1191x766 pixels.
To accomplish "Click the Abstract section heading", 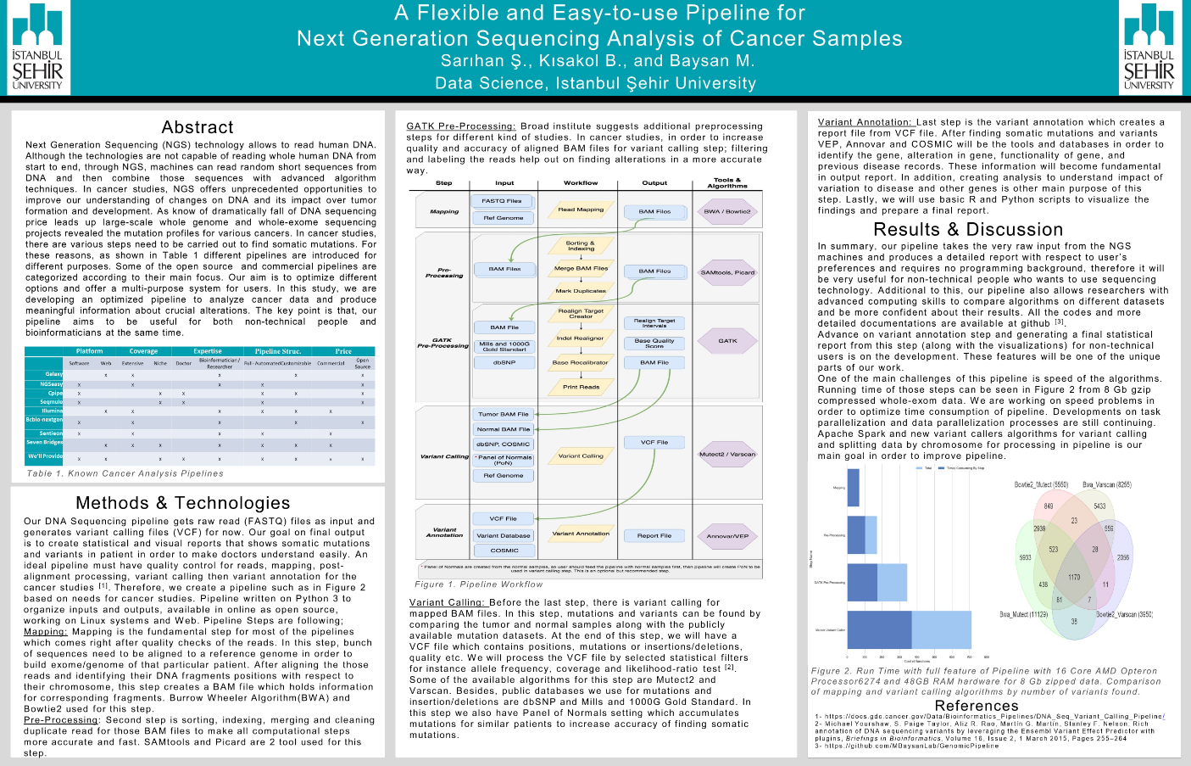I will tap(198, 127).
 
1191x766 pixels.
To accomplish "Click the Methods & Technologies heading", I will tap(182, 503).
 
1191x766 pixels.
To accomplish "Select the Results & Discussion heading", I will tap(956, 229).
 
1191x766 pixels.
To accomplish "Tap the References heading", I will tap(977, 706).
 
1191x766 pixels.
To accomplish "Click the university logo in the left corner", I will tap(37, 47).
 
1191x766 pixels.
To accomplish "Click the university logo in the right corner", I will tap(1149, 47).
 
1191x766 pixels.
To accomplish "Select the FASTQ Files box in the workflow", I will tap(502, 201).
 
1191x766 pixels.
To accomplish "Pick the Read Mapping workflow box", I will tap(581, 210).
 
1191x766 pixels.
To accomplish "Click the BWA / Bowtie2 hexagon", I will tap(727, 211).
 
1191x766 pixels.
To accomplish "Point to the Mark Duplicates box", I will tap(581, 291).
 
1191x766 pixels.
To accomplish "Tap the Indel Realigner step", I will tap(581, 338).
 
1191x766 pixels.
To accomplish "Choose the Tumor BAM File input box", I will tap(504, 414).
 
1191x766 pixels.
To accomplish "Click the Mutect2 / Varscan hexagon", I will tap(727, 454).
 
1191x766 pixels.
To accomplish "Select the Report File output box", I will tap(654, 535).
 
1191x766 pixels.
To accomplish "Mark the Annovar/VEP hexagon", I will tap(727, 535).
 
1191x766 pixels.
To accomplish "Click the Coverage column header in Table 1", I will tap(143, 350).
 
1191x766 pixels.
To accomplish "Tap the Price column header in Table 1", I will tap(343, 350).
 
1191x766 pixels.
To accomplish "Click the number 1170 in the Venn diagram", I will tap(1074, 577).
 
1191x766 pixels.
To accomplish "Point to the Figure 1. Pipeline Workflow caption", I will tap(478, 584).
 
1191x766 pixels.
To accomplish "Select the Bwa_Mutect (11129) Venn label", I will tap(1023, 614).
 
